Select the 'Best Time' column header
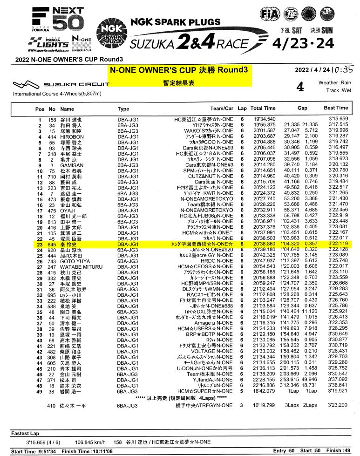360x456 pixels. (x=336, y=108)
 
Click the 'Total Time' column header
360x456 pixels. (x=263, y=108)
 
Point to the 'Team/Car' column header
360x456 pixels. (x=222, y=108)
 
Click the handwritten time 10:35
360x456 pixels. (x=344, y=68)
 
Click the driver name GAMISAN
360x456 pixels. (x=72, y=165)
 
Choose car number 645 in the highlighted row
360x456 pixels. (x=51, y=244)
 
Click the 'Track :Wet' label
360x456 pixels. (x=339, y=90)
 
